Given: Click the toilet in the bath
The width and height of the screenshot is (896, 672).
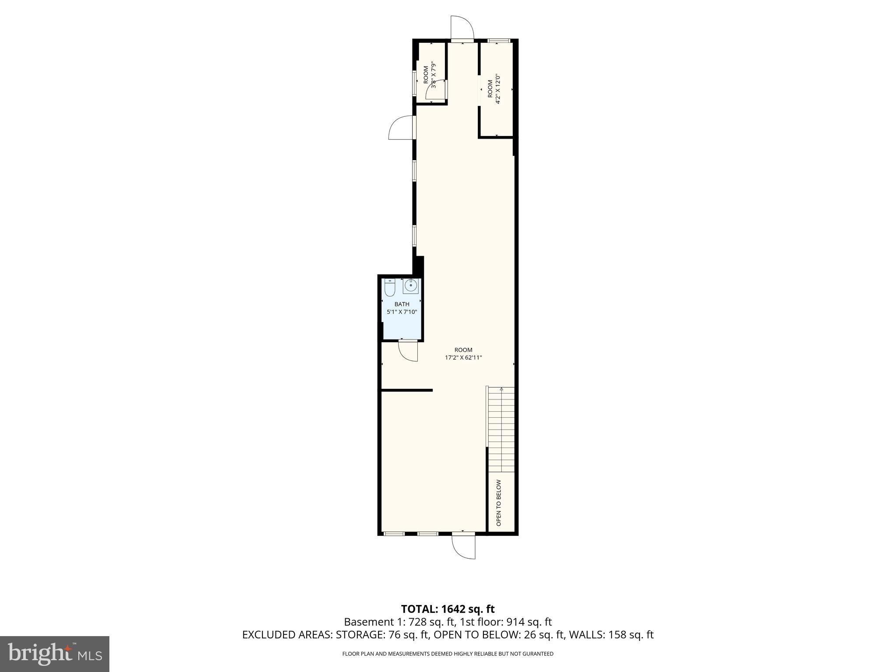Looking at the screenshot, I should coord(390,288).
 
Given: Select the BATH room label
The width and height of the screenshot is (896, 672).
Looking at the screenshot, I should coord(402,304).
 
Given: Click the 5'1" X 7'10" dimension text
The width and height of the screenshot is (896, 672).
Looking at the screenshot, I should coord(402,312).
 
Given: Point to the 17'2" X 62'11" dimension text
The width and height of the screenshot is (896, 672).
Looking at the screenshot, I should coord(463,357).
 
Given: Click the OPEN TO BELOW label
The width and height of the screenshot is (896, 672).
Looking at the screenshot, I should coord(498,503).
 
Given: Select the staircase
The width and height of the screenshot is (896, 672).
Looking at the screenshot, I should coord(501,429).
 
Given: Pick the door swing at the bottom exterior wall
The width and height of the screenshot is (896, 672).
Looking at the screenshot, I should coord(464,547).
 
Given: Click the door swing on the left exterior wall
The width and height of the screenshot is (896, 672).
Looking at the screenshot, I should coord(400,128).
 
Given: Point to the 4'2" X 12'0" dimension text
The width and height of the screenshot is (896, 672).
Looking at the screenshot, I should coord(497,89).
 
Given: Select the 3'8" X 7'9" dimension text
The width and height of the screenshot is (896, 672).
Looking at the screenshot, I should coord(434,75).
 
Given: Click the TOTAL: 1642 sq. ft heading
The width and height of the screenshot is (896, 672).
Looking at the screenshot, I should coord(448,609).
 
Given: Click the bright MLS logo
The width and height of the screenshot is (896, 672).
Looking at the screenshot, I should coord(55,654).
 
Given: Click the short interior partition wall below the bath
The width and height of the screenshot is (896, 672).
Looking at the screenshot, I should coord(407,390).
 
